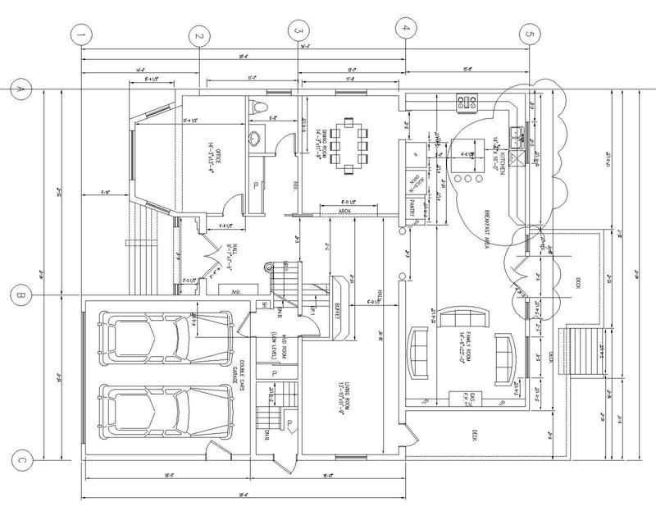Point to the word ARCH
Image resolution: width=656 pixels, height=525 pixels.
[344, 211]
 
